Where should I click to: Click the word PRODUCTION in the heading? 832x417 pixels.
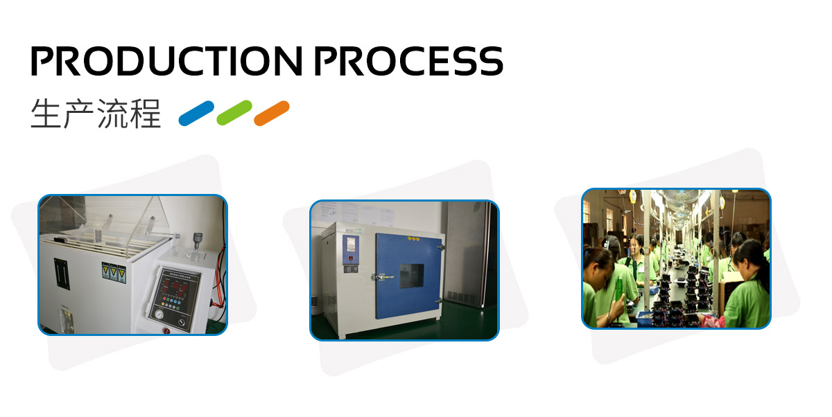click(166, 61)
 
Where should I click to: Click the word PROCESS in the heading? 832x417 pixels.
click(409, 61)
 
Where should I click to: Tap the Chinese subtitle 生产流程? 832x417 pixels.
click(96, 114)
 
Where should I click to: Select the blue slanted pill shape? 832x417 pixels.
click(196, 113)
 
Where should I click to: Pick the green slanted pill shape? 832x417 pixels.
click(234, 113)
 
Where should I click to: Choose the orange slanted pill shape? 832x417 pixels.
click(272, 113)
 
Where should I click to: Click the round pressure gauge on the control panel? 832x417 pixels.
click(159, 314)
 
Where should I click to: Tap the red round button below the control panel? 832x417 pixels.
click(167, 330)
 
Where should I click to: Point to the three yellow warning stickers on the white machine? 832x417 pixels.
click(114, 272)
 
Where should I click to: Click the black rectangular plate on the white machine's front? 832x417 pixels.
click(62, 274)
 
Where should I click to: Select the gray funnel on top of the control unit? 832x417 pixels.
click(197, 240)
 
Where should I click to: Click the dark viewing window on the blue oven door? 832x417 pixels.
click(412, 276)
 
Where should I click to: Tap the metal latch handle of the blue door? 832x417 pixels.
click(383, 277)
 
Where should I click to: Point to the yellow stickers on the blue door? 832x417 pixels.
click(413, 238)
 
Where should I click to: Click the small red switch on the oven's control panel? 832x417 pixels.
click(351, 258)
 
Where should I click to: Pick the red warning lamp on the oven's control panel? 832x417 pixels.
click(351, 258)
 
